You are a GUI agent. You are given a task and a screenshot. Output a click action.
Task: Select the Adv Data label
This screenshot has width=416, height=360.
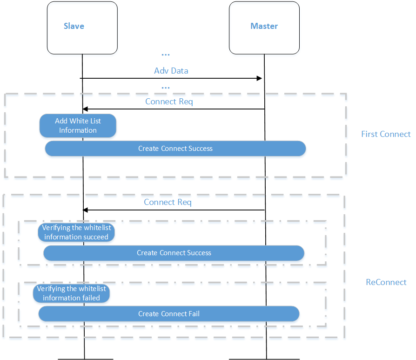click(171, 71)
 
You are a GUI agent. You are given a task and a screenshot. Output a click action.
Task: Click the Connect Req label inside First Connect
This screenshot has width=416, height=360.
click(169, 101)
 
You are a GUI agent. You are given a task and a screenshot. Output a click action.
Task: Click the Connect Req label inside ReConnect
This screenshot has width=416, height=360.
click(168, 202)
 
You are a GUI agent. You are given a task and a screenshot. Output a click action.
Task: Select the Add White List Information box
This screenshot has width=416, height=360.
click(78, 126)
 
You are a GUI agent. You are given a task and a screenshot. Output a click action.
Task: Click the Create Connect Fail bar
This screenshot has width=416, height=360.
click(168, 314)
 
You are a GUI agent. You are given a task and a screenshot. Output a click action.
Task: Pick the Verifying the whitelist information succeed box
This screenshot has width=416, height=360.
click(76, 232)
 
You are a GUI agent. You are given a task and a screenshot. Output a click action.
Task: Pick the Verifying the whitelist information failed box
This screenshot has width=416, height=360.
click(72, 293)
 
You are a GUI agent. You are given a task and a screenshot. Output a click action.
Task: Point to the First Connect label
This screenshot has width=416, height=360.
click(386, 134)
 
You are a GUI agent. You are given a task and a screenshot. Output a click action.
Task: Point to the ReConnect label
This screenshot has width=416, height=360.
click(386, 282)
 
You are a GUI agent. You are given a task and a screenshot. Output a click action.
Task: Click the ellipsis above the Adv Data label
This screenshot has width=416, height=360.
click(165, 55)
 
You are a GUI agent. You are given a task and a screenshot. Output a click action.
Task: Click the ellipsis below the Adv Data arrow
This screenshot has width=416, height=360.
click(165, 87)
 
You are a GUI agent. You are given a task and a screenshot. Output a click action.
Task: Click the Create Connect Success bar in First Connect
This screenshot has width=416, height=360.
click(175, 149)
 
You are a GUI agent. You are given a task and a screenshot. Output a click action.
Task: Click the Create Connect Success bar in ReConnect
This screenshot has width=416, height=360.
click(174, 253)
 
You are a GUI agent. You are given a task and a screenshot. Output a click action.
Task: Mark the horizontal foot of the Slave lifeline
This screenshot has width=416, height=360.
click(85, 359)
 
